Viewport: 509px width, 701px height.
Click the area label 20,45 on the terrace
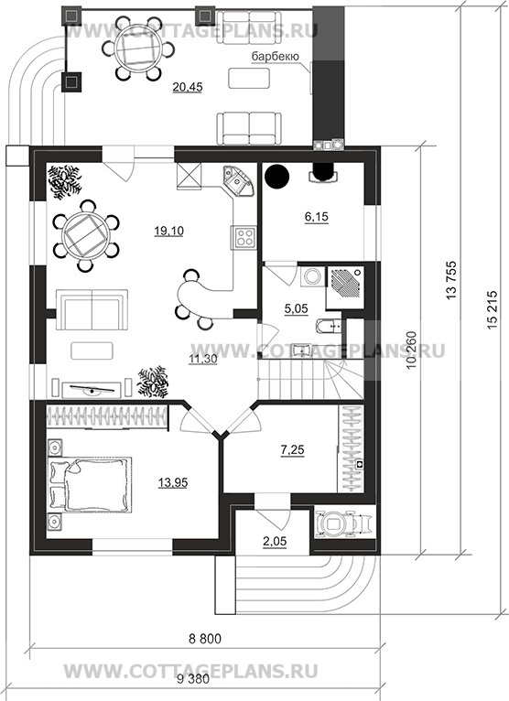[188, 87]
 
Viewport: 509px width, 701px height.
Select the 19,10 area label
[169, 231]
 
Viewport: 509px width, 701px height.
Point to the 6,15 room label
[316, 217]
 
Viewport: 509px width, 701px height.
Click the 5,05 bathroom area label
[296, 308]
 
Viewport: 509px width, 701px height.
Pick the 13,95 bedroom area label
[173, 482]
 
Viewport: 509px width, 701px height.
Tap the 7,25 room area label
[293, 449]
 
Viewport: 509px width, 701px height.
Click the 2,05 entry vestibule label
[274, 542]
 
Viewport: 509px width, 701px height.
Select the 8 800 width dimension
[205, 640]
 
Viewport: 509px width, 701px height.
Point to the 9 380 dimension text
[193, 680]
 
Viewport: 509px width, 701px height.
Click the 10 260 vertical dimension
[412, 350]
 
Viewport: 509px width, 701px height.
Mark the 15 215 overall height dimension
[492, 311]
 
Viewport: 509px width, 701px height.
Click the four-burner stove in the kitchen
[244, 237]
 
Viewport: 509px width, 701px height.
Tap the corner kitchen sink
[237, 179]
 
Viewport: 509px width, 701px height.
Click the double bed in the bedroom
[90, 485]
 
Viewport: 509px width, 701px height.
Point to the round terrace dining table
[136, 49]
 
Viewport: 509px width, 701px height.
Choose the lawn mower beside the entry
[343, 523]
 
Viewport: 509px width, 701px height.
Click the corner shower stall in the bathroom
[345, 287]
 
